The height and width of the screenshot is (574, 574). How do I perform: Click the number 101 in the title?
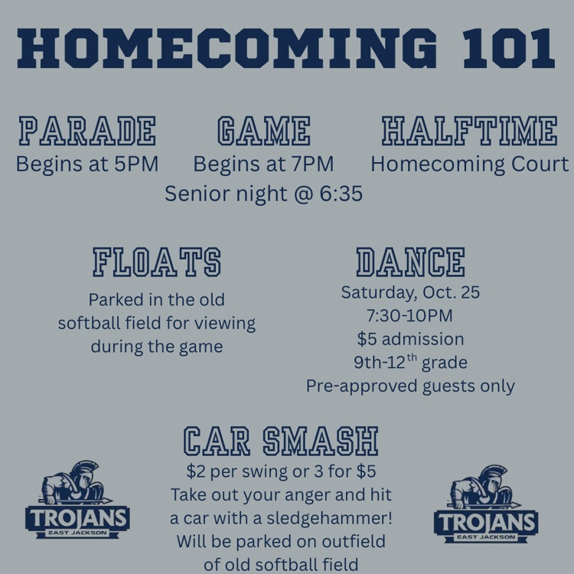pyautogui.click(x=509, y=48)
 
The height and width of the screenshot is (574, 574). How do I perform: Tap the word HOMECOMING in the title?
pyautogui.click(x=227, y=48)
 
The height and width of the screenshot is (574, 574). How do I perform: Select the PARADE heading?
pyautogui.click(x=87, y=131)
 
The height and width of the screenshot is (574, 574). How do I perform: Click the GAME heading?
pyautogui.click(x=263, y=131)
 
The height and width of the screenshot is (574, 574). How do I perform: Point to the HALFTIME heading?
pyautogui.click(x=470, y=131)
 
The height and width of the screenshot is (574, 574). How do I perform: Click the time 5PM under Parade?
pyautogui.click(x=136, y=164)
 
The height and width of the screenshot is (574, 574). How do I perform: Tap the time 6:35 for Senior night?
pyautogui.click(x=341, y=194)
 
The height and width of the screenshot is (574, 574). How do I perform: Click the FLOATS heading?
pyautogui.click(x=157, y=262)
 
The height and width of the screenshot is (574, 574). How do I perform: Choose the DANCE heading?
pyautogui.click(x=410, y=262)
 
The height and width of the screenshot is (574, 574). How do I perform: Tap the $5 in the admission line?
pyautogui.click(x=367, y=339)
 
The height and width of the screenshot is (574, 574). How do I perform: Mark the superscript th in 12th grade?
pyautogui.click(x=412, y=357)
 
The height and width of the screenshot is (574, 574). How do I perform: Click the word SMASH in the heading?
pyautogui.click(x=321, y=441)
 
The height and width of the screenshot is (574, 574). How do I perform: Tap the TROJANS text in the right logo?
pyautogui.click(x=486, y=523)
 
